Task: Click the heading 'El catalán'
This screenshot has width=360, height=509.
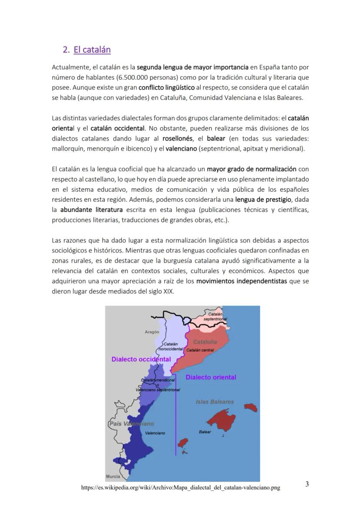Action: tap(92, 50)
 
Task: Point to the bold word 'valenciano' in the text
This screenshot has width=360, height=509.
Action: tap(181, 149)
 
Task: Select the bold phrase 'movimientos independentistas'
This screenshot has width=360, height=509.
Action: tap(241, 281)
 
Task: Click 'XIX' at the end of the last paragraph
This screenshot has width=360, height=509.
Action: tap(168, 291)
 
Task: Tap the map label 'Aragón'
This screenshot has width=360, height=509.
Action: tap(152, 332)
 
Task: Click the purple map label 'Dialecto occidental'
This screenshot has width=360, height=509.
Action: tap(141, 359)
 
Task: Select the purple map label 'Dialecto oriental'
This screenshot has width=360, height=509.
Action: tap(211, 377)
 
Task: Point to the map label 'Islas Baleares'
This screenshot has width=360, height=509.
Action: tap(215, 402)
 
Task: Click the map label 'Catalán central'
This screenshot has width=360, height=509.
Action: tap(200, 350)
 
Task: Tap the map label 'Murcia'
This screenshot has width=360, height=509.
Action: tap(113, 477)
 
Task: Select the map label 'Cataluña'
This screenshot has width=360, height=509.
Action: tap(205, 342)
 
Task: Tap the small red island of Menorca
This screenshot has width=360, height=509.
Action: tap(251, 407)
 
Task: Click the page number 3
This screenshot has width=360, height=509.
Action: tap(307, 484)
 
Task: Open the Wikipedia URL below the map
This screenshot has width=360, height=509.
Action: tap(180, 488)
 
